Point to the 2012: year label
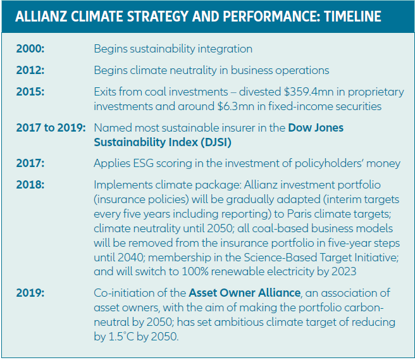point(31,70)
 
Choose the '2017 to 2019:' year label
point(51,128)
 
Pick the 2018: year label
point(31,184)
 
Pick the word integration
point(224,49)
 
